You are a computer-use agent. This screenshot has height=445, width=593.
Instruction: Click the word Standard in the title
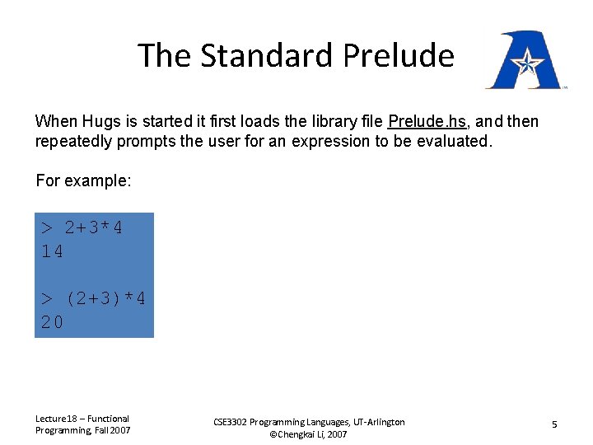point(266,56)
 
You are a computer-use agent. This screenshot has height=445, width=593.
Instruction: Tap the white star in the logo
point(525,60)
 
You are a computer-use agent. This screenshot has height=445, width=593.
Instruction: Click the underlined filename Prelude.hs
point(427,122)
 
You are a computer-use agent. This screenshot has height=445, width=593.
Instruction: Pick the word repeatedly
point(76,141)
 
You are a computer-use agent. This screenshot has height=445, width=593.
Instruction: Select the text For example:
point(83,180)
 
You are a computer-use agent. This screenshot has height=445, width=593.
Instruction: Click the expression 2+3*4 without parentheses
point(94,228)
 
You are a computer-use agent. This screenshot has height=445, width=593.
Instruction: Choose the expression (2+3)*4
point(105,299)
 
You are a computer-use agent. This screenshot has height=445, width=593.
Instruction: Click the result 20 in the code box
point(52,323)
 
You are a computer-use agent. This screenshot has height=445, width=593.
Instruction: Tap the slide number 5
point(554,424)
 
